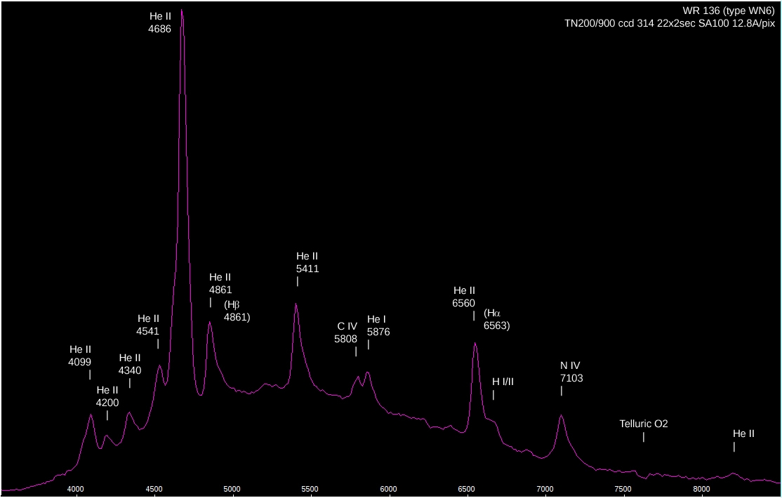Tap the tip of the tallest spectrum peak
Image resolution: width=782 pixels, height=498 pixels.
[x=182, y=11]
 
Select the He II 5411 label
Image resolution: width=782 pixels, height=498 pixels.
[x=307, y=262]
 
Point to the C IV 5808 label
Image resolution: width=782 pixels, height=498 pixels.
[x=347, y=332]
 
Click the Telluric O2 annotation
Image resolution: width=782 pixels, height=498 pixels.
[x=644, y=424]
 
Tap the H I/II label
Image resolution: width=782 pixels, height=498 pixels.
[x=503, y=382]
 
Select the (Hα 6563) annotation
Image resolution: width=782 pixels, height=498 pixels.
[x=496, y=319]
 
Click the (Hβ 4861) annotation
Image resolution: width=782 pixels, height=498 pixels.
[x=237, y=311]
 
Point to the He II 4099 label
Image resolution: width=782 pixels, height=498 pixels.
[x=80, y=355]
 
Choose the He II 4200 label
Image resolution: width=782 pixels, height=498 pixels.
[x=107, y=396]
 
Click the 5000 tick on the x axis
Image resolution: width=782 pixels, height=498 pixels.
[x=232, y=489]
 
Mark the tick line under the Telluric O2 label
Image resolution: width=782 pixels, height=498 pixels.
[x=644, y=437]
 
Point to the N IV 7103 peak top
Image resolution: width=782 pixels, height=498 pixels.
[x=561, y=415]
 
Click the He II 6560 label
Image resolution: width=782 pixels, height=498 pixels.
[x=464, y=297]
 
